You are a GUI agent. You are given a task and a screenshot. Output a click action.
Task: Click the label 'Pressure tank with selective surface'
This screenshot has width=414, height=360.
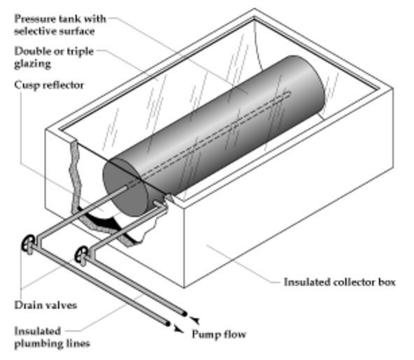click(x=60, y=24)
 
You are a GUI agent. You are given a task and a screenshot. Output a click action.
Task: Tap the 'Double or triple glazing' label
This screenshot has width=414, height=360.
click(x=54, y=57)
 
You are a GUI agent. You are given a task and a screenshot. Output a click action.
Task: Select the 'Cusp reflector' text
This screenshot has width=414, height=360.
click(x=49, y=85)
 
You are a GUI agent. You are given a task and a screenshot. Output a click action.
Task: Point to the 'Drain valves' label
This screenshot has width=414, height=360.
click(x=45, y=305)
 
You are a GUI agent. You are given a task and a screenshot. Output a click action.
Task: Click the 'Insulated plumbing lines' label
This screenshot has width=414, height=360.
click(x=52, y=338)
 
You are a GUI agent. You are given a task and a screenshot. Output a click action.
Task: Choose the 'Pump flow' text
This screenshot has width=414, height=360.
click(x=219, y=334)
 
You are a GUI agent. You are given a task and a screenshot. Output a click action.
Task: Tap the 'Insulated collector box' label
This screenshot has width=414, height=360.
click(x=339, y=282)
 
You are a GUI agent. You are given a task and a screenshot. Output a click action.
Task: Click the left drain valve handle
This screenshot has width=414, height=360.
click(x=28, y=243)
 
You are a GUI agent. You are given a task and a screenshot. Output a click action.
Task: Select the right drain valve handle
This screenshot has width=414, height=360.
click(x=81, y=254)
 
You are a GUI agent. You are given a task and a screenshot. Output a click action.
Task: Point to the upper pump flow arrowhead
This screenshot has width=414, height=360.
click(x=195, y=320)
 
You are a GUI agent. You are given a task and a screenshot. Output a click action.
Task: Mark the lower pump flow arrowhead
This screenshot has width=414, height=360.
click(x=178, y=329)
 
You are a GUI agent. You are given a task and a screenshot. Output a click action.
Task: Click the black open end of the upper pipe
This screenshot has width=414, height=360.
click(x=185, y=314)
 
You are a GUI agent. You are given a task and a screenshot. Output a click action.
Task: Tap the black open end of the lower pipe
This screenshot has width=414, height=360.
click(x=167, y=323)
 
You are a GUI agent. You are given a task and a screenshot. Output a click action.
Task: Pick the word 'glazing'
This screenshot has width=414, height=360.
click(x=32, y=64)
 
